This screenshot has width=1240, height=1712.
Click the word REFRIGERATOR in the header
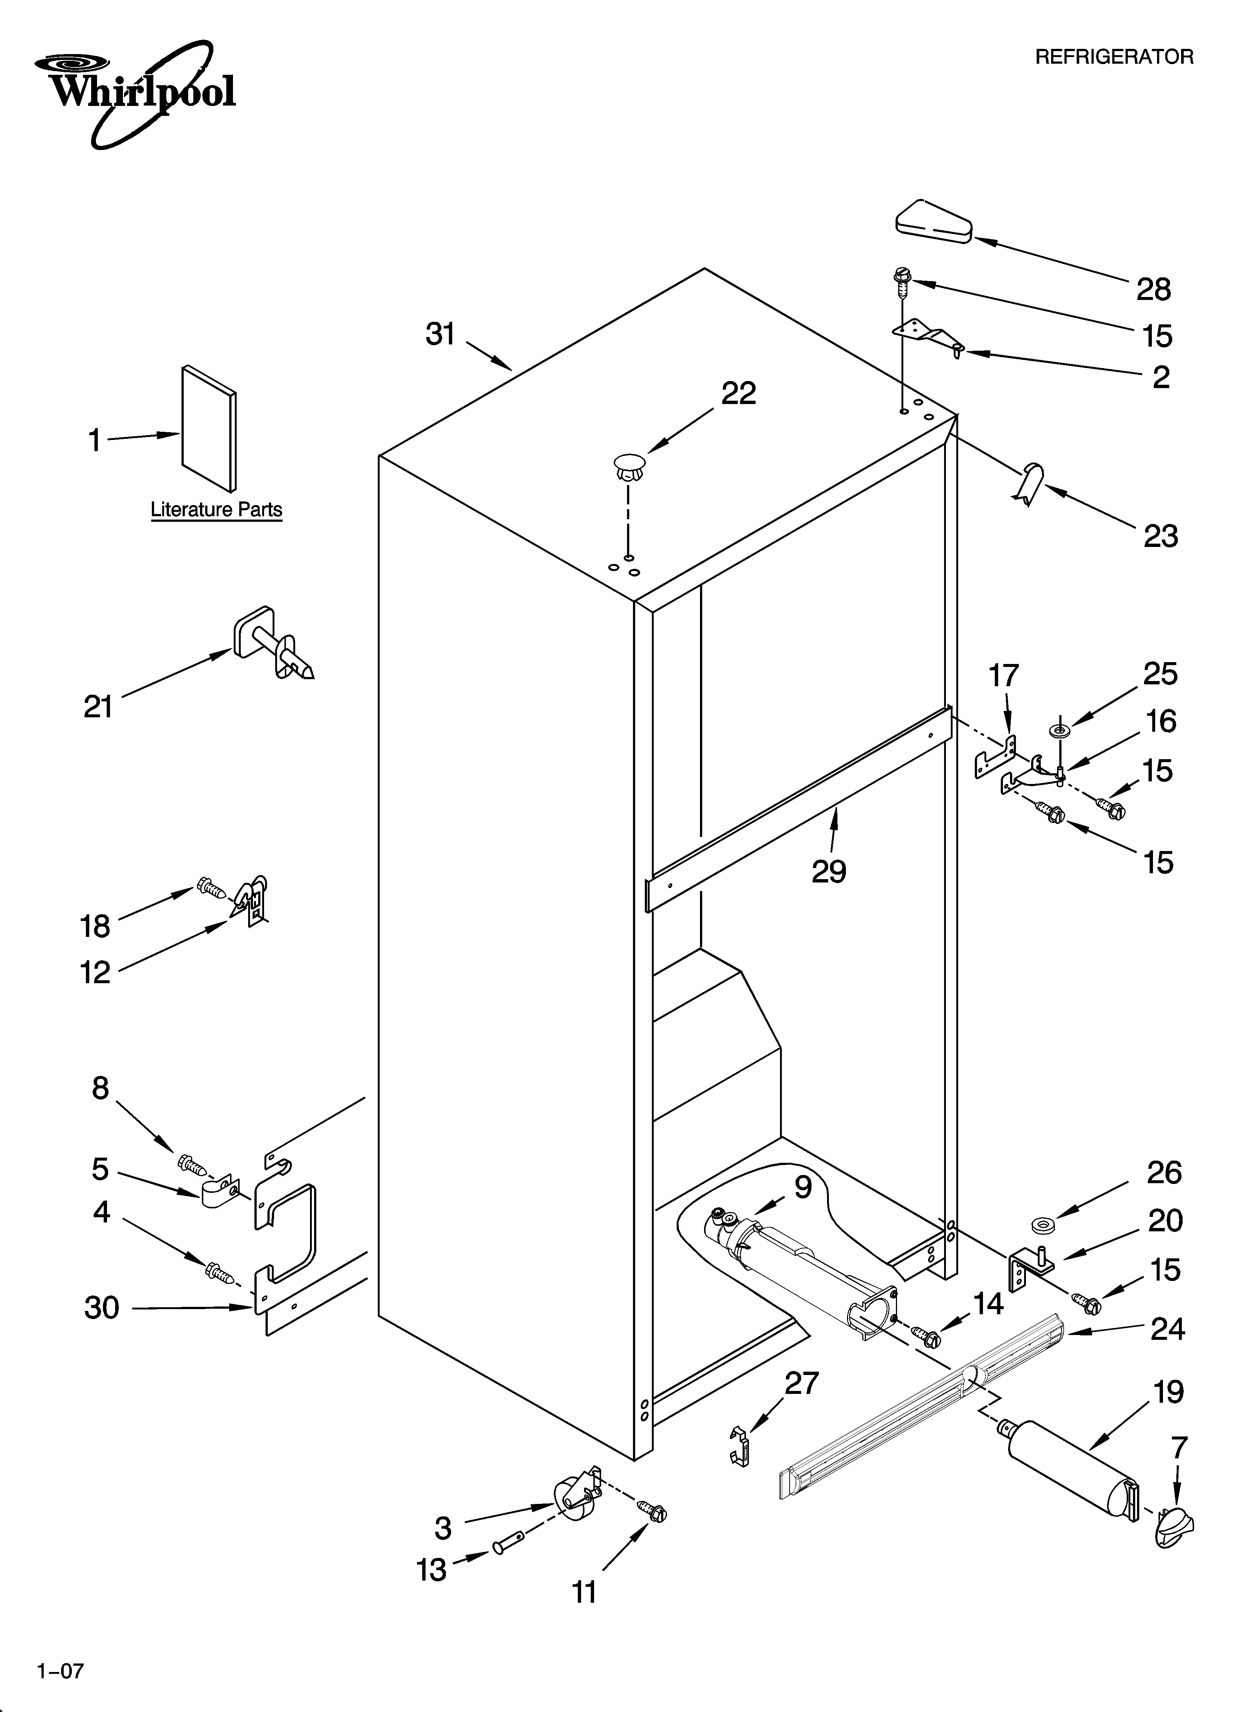tap(1114, 57)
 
